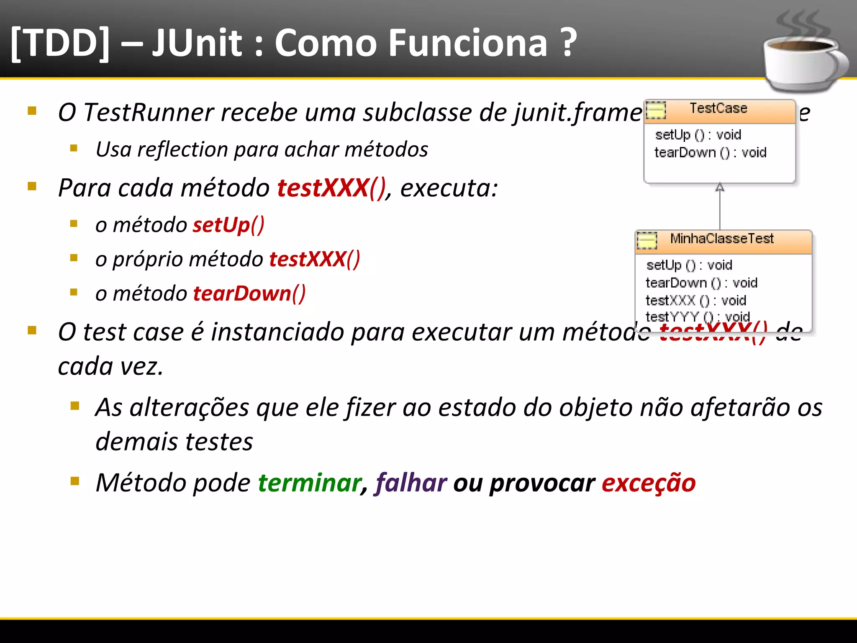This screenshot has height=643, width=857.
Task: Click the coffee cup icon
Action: pos(803,59)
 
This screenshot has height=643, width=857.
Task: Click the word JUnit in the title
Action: pos(197,43)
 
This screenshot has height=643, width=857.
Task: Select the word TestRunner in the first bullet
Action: pos(149,113)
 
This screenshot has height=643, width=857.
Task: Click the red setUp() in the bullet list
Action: pos(228,225)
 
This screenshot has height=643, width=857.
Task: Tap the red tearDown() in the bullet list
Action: pos(249,293)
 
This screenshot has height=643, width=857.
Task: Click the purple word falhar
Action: pos(411,483)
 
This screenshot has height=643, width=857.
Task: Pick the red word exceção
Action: pos(649,483)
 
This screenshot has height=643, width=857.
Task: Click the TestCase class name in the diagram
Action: pos(718,108)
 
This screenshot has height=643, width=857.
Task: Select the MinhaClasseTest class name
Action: pos(722,239)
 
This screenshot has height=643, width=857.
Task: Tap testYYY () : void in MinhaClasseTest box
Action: pos(698,316)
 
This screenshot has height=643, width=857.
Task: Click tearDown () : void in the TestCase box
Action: pos(710,152)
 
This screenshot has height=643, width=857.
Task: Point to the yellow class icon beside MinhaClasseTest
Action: pos(647,240)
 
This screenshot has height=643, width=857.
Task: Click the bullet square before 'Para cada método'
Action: pos(32,186)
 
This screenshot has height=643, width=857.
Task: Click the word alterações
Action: pos(189,407)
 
